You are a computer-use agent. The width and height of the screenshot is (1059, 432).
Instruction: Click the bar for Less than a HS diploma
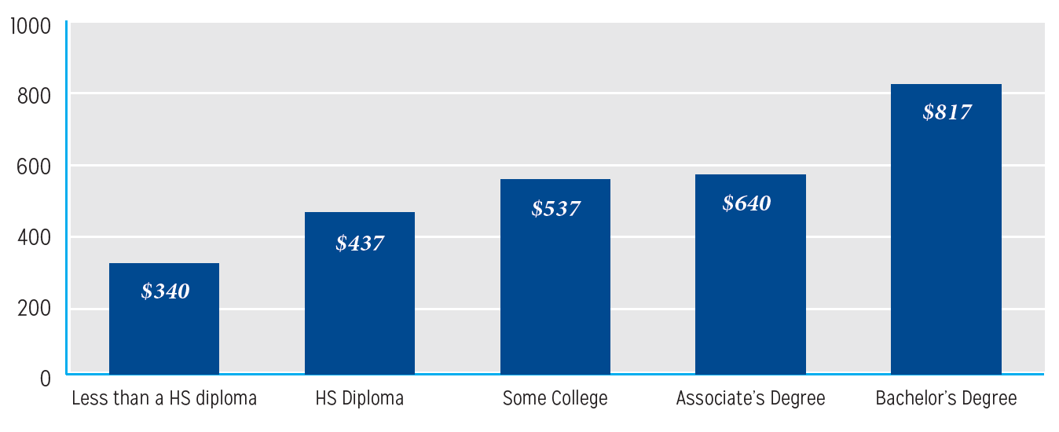[164, 330]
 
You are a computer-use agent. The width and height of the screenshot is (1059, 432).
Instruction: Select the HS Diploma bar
[360, 306]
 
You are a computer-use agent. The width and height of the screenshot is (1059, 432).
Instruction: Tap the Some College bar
[555, 291]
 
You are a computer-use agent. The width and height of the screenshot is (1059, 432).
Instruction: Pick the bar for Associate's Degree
[751, 291]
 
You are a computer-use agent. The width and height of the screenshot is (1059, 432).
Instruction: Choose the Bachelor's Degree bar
[947, 236]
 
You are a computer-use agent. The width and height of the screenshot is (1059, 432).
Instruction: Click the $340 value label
[165, 291]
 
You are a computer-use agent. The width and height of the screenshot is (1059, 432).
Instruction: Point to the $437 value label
[360, 243]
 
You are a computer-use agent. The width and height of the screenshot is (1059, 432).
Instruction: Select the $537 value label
[555, 209]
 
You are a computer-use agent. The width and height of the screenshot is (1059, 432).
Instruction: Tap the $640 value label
[747, 203]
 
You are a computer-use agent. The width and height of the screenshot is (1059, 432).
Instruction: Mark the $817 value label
[947, 112]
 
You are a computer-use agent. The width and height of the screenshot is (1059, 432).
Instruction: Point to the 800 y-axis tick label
[34, 96]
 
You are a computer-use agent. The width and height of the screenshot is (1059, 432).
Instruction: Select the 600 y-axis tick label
[34, 167]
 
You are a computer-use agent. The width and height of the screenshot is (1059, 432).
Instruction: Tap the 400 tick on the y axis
[34, 237]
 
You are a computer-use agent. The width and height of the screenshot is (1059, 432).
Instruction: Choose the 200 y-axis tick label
[34, 308]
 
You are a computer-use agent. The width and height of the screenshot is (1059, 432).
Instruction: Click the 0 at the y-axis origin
[45, 379]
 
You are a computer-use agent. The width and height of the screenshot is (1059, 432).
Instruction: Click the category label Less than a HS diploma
[164, 399]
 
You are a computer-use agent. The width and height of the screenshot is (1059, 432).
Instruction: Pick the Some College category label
[555, 399]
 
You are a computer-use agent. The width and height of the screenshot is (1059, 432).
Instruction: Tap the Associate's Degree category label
[751, 399]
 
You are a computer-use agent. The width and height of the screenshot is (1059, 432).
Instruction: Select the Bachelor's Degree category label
[947, 399]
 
